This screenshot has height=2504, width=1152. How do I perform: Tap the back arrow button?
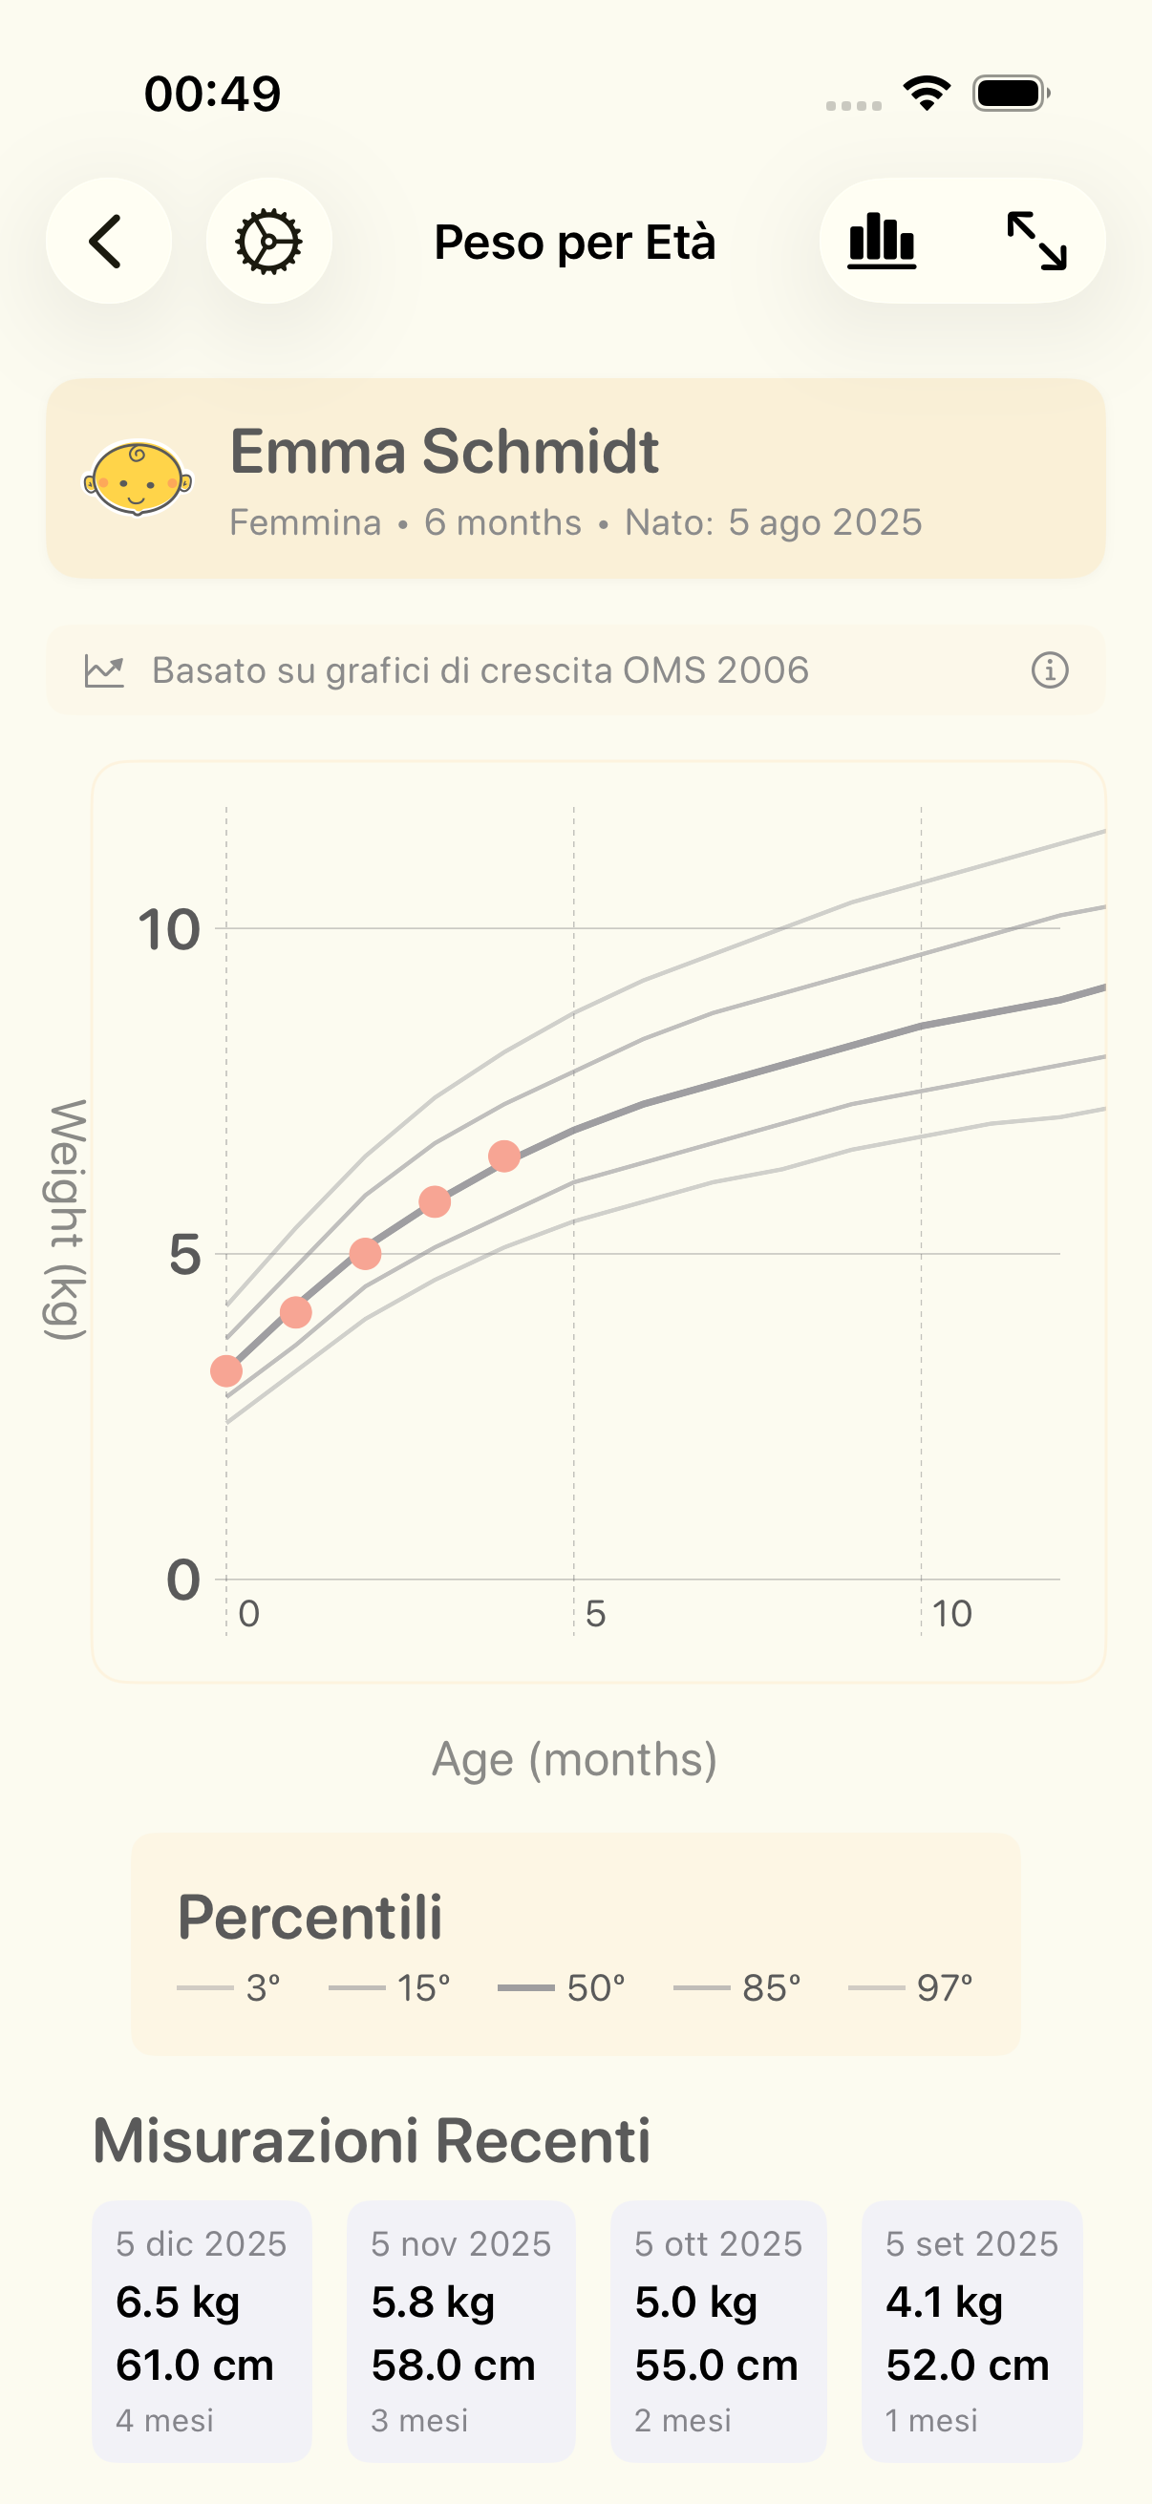pyautogui.click(x=108, y=240)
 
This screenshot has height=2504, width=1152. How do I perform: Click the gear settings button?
pyautogui.click(x=268, y=240)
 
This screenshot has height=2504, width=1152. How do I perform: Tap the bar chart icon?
pyautogui.click(x=882, y=240)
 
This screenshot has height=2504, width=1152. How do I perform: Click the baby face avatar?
pyautogui.click(x=137, y=478)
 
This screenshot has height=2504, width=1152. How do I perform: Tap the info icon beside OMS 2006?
pyautogui.click(x=1049, y=669)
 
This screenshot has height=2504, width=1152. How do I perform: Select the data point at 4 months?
pyautogui.click(x=503, y=1156)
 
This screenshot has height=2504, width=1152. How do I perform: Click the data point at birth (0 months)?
pyautogui.click(x=226, y=1370)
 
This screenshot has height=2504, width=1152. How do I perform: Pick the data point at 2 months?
pyautogui.click(x=366, y=1253)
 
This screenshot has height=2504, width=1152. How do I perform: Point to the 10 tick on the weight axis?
pyautogui.click(x=169, y=929)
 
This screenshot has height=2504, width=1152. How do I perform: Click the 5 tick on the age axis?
pyautogui.click(x=595, y=1614)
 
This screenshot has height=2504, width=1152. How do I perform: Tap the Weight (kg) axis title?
pyautogui.click(x=66, y=1220)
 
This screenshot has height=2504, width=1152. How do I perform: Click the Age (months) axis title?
pyautogui.click(x=574, y=1758)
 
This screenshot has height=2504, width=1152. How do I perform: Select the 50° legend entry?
pyautogui.click(x=562, y=1988)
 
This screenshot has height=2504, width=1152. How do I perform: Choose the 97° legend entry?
pyautogui.click(x=911, y=1988)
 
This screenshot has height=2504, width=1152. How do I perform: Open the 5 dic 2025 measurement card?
pyautogui.click(x=202, y=2330)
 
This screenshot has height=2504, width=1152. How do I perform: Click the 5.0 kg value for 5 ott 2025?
pyautogui.click(x=696, y=2302)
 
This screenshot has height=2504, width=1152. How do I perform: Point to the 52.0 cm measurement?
pyautogui.click(x=968, y=2364)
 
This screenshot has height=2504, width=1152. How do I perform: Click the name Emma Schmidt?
pyautogui.click(x=444, y=451)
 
